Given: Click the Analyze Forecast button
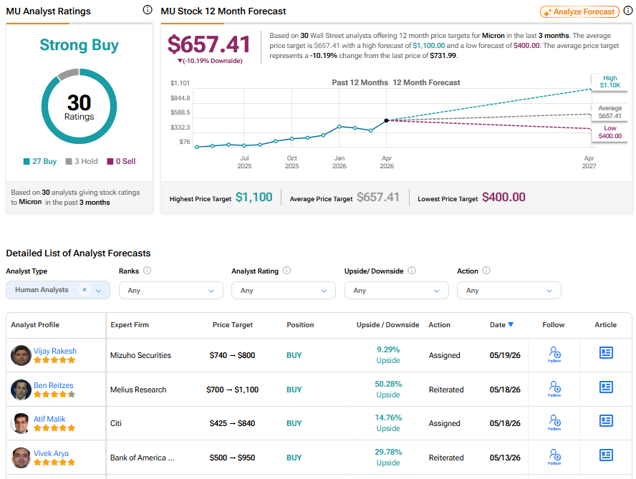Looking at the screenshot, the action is click(x=579, y=11).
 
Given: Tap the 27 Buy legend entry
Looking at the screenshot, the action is click(x=40, y=161).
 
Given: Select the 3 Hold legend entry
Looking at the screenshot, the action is click(x=82, y=161).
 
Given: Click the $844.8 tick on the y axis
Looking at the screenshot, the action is click(x=180, y=98).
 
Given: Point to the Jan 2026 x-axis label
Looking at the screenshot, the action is click(x=339, y=162).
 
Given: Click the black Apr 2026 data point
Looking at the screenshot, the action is click(x=387, y=120).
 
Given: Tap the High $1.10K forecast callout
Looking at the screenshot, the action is click(x=609, y=82).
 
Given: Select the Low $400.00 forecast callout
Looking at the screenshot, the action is click(x=609, y=132).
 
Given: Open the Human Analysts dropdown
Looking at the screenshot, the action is click(x=58, y=290).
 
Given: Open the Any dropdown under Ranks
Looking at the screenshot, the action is click(x=170, y=291).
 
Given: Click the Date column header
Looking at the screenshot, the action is click(x=501, y=325).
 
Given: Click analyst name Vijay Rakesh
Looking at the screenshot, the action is click(x=54, y=351).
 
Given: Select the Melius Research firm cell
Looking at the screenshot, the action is click(x=138, y=390).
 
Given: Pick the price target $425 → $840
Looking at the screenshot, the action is click(x=233, y=423).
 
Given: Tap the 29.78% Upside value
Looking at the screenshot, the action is click(x=388, y=457).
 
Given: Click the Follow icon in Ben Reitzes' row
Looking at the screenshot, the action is click(x=554, y=389).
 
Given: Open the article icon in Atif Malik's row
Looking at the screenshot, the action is click(x=606, y=421).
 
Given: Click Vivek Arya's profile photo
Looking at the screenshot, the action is click(x=21, y=458).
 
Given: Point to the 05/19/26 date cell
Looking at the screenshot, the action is click(x=505, y=355).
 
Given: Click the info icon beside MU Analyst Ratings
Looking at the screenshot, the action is click(x=148, y=10).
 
